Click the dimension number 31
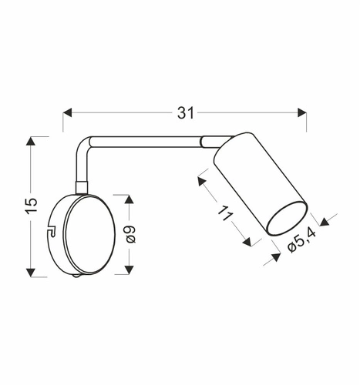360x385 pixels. (184, 113)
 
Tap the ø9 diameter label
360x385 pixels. (130, 233)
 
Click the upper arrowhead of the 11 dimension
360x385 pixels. (201, 182)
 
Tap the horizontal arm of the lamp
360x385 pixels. (146, 142)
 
